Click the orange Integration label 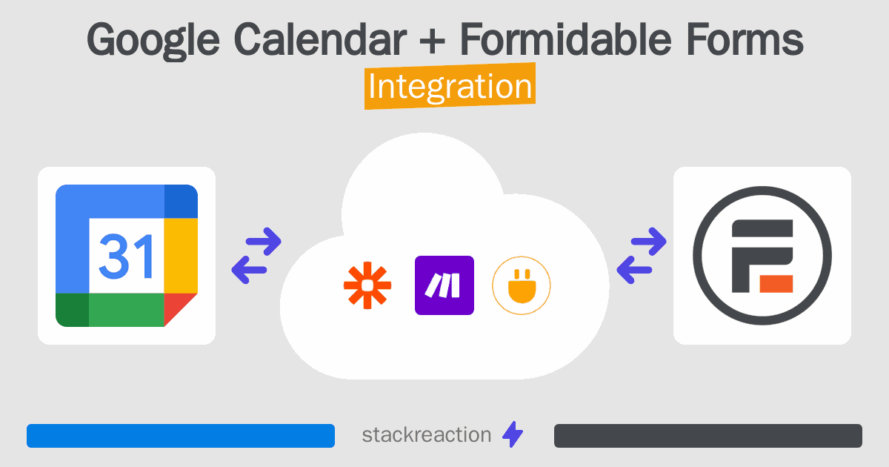(449, 87)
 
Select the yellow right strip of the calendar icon (181, 256)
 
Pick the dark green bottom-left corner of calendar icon (72, 310)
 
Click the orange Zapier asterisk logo (367, 285)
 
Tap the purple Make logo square (444, 285)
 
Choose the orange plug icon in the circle (522, 285)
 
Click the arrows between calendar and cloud (256, 256)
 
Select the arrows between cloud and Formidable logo (642, 256)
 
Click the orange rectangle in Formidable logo (775, 282)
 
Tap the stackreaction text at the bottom (426, 435)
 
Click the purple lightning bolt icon (513, 435)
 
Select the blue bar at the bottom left (181, 435)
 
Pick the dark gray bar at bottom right (707, 435)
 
